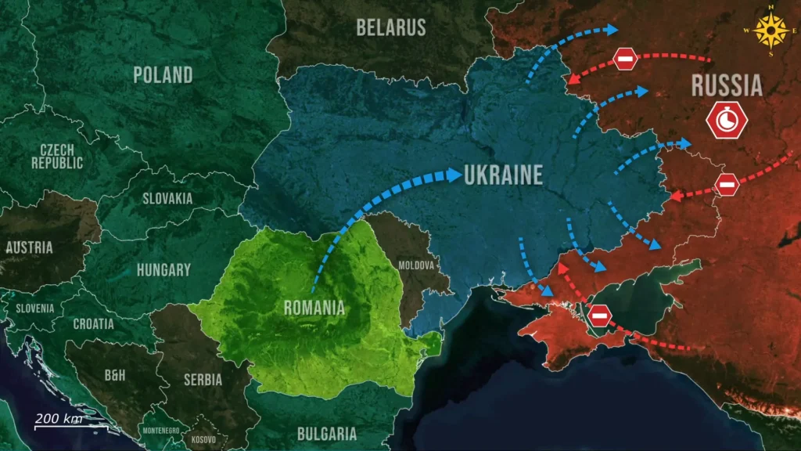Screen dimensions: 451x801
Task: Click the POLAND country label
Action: click(x=163, y=75)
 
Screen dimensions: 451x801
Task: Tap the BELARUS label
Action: click(x=391, y=27)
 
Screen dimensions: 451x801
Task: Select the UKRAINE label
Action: click(x=503, y=175)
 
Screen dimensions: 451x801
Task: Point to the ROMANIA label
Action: click(x=314, y=308)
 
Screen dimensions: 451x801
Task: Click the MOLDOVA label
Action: click(x=416, y=265)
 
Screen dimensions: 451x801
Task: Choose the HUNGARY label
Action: click(x=163, y=270)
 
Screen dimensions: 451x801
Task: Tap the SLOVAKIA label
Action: click(x=167, y=199)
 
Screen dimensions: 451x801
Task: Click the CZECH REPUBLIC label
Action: click(x=57, y=157)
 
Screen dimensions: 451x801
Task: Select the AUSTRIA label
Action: click(x=29, y=248)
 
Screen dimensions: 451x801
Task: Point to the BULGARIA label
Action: click(x=327, y=434)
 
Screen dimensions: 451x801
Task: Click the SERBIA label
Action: click(x=203, y=380)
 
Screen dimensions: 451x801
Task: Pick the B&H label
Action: click(x=115, y=376)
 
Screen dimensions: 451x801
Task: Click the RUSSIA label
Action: click(x=727, y=85)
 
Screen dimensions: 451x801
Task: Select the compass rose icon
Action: click(x=771, y=31)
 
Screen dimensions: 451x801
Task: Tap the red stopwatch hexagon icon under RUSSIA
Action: click(x=727, y=120)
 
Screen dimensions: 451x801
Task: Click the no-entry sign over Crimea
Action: click(x=600, y=316)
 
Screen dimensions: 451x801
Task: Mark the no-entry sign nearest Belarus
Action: click(x=625, y=59)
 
